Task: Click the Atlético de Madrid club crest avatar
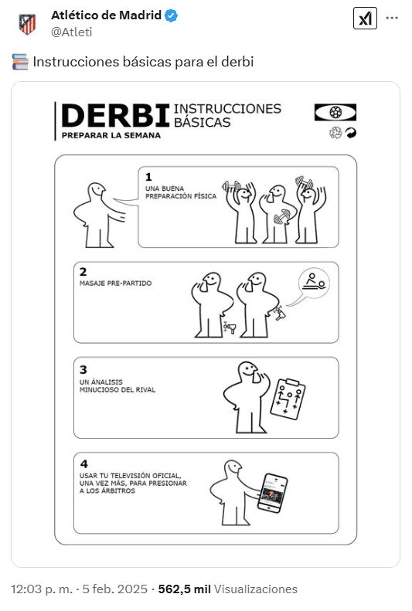27,23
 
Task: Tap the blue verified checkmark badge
171,15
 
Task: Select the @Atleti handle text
72,32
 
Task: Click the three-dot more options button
392,18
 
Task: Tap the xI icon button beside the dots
365,18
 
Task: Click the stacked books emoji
20,62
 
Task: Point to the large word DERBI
115,116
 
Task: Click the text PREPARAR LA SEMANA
111,136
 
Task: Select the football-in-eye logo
335,112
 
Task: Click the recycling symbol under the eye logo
335,133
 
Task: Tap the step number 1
148,177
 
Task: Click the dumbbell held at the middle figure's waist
282,217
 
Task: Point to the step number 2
83,272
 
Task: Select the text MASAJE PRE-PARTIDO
116,283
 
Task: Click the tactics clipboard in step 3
288,399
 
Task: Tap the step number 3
83,369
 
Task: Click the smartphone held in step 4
272,493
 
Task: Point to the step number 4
83,464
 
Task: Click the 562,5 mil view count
185,589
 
